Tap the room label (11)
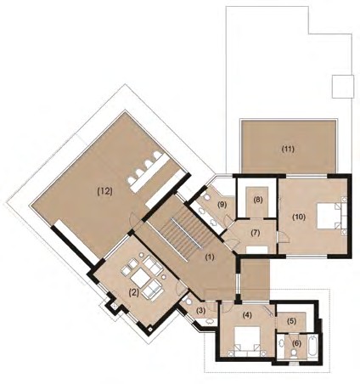[x=288, y=149]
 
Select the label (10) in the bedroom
[x=299, y=217]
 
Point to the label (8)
[x=258, y=200]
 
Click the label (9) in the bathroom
[x=222, y=205]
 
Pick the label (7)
[x=256, y=233]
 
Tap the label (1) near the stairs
[x=210, y=257]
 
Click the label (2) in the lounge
[x=133, y=292]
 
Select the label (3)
[x=200, y=311]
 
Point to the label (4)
[x=247, y=314]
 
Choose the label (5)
[x=291, y=321]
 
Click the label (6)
[x=296, y=343]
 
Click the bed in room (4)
[x=247, y=342]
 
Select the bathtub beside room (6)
[x=312, y=347]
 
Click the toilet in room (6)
[x=295, y=353]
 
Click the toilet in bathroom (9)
[x=205, y=197]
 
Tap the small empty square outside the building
[x=343, y=87]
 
